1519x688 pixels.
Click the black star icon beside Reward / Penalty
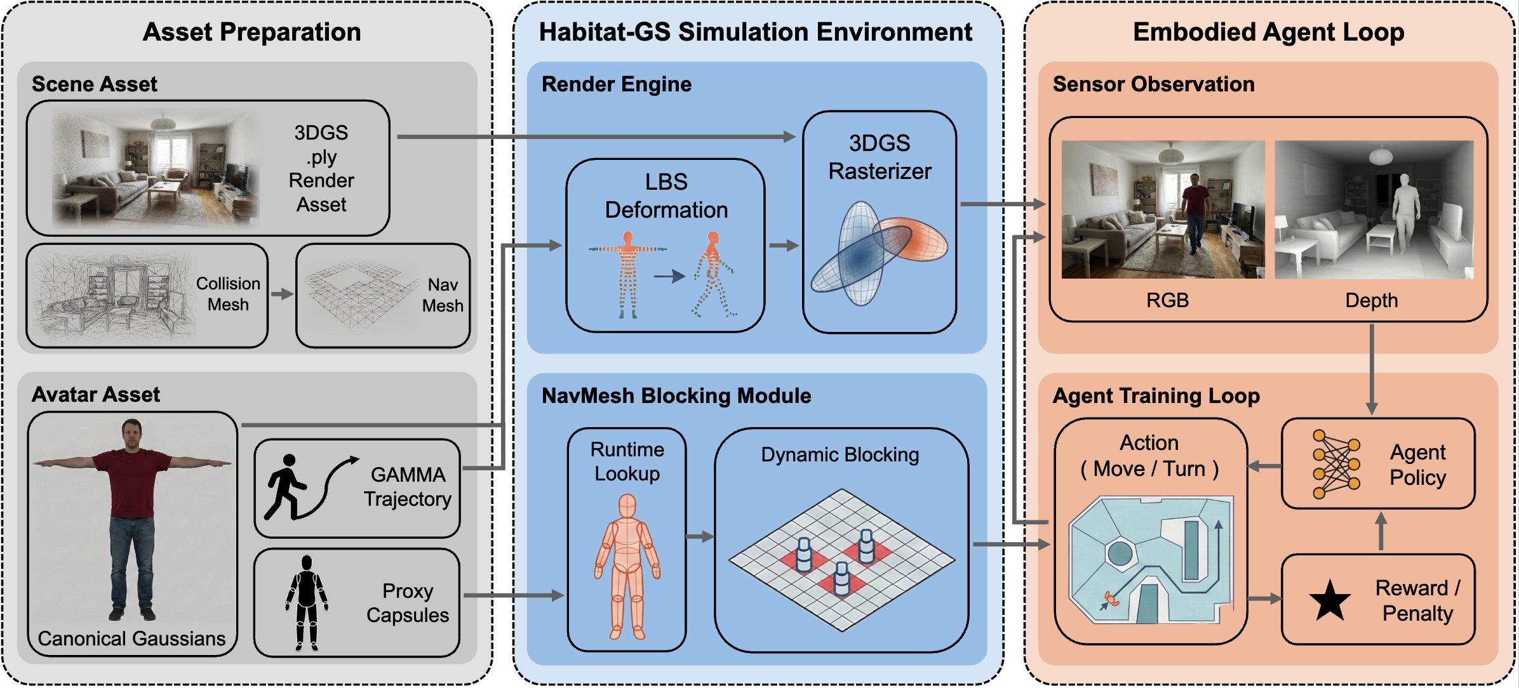pos(1330,600)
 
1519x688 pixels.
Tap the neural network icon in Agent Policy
pos(1336,464)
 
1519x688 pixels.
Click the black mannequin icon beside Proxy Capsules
pos(307,602)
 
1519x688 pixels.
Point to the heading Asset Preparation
pos(251,32)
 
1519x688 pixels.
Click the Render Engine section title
pos(616,84)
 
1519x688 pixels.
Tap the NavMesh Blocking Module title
pos(676,395)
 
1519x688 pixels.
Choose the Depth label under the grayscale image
pos(1371,300)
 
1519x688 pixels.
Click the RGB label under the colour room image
pos(1167,300)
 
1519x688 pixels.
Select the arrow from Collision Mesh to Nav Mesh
pos(282,294)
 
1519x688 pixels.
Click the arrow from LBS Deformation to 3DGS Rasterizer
pos(784,246)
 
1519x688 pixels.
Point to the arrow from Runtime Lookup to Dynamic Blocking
pos(700,537)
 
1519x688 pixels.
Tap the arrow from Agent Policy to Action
pos(1264,466)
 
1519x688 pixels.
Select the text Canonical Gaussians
pos(131,638)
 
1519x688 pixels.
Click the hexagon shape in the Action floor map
pos(1120,553)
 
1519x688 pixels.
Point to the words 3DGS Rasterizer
pos(880,157)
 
